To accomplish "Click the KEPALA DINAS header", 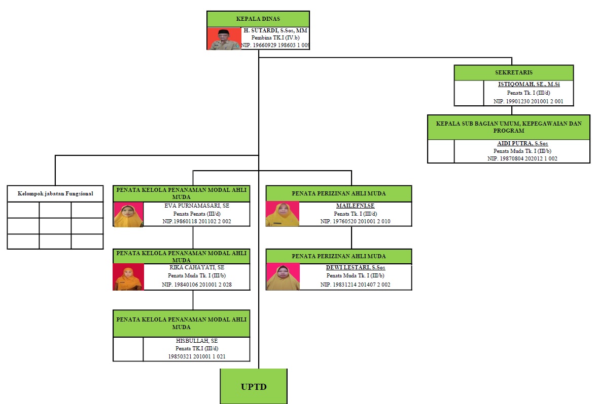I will (x=258, y=19).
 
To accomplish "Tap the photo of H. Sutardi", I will (x=224, y=38).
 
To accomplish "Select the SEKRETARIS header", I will (x=514, y=72).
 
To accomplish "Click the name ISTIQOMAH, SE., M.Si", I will (x=528, y=85).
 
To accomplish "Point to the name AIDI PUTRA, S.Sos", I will (x=522, y=144).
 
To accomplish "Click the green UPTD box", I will (x=254, y=387).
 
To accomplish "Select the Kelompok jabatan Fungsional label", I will (x=55, y=193).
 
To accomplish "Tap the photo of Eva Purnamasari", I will (x=129, y=214).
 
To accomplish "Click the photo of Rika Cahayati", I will (x=128, y=277).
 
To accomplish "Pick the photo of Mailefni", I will (x=283, y=214).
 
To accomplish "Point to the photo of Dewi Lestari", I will (x=283, y=277).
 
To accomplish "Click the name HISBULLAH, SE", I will (x=196, y=341).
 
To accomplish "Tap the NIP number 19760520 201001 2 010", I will (x=355, y=221).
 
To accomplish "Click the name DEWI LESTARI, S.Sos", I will (x=355, y=267).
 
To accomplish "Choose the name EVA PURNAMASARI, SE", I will (x=196, y=206).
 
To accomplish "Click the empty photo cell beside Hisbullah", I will (x=128, y=349).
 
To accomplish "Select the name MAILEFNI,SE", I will (x=355, y=206).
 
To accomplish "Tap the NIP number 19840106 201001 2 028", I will (x=197, y=285).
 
